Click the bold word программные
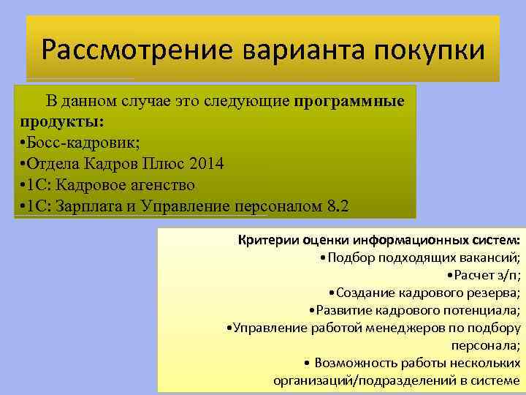pyautogui.click(x=350, y=101)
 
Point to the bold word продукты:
pyautogui.click(x=62, y=119)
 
